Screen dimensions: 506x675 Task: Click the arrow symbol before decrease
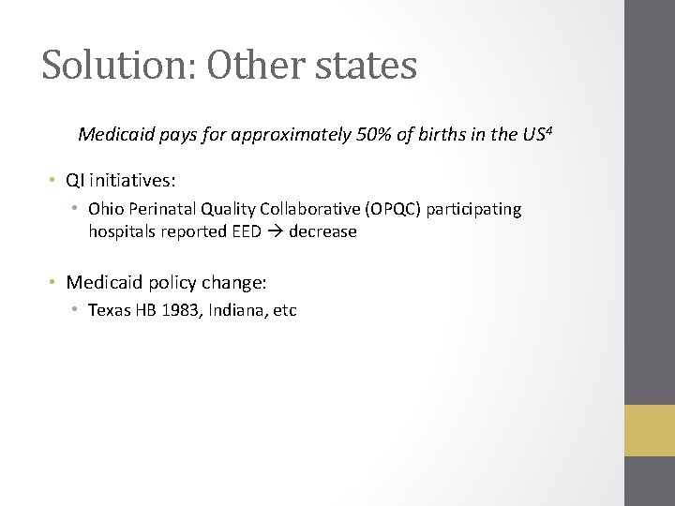[x=275, y=231]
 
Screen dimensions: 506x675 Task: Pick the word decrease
[x=322, y=231]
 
